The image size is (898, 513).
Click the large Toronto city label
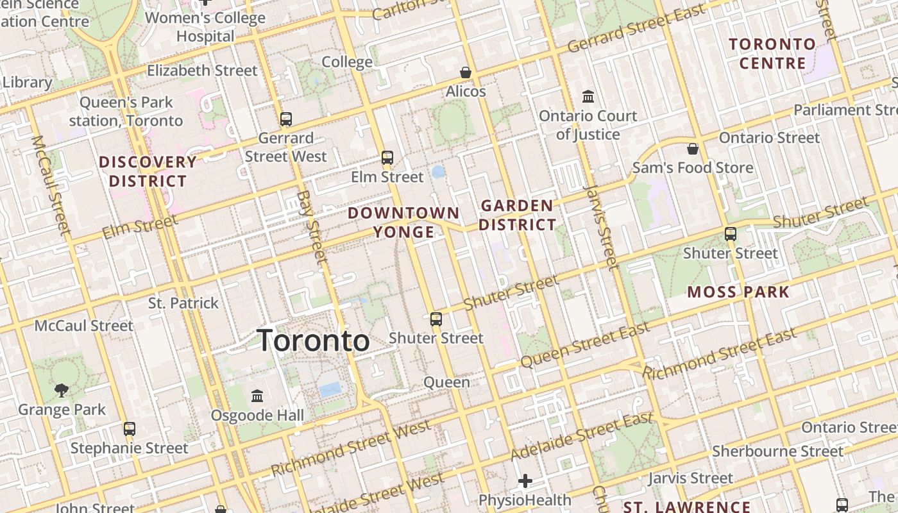click(313, 341)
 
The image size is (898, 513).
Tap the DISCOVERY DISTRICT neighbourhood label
click(148, 171)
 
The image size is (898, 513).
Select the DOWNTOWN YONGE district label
click(403, 222)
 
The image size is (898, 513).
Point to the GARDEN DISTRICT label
click(517, 215)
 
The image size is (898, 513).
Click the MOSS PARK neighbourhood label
click(738, 292)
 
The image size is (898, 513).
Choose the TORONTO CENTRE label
click(772, 54)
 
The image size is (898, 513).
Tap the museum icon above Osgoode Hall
click(257, 396)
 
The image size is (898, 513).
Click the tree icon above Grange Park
click(62, 389)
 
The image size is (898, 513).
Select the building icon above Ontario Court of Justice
click(588, 97)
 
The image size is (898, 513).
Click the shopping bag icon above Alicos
click(466, 72)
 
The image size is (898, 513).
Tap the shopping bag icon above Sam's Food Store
click(693, 149)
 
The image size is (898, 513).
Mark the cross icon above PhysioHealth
click(525, 480)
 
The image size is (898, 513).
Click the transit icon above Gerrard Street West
click(286, 119)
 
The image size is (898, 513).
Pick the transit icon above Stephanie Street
click(130, 428)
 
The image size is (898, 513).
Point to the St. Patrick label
click(183, 303)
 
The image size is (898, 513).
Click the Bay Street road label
click(312, 226)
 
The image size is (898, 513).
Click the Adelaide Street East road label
click(582, 436)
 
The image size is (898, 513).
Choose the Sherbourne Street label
click(777, 451)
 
